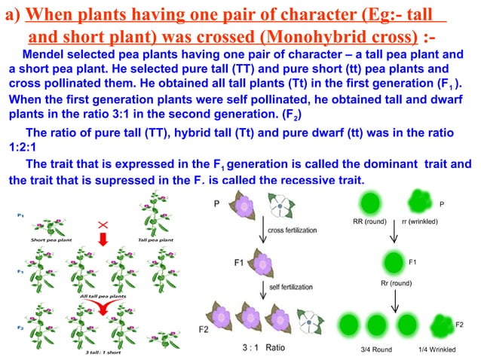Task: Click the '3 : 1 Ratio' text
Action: pyautogui.click(x=263, y=349)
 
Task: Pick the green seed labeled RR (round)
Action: pyautogui.click(x=371, y=204)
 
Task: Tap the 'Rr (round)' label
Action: pyautogui.click(x=394, y=283)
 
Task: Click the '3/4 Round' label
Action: pyautogui.click(x=376, y=349)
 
